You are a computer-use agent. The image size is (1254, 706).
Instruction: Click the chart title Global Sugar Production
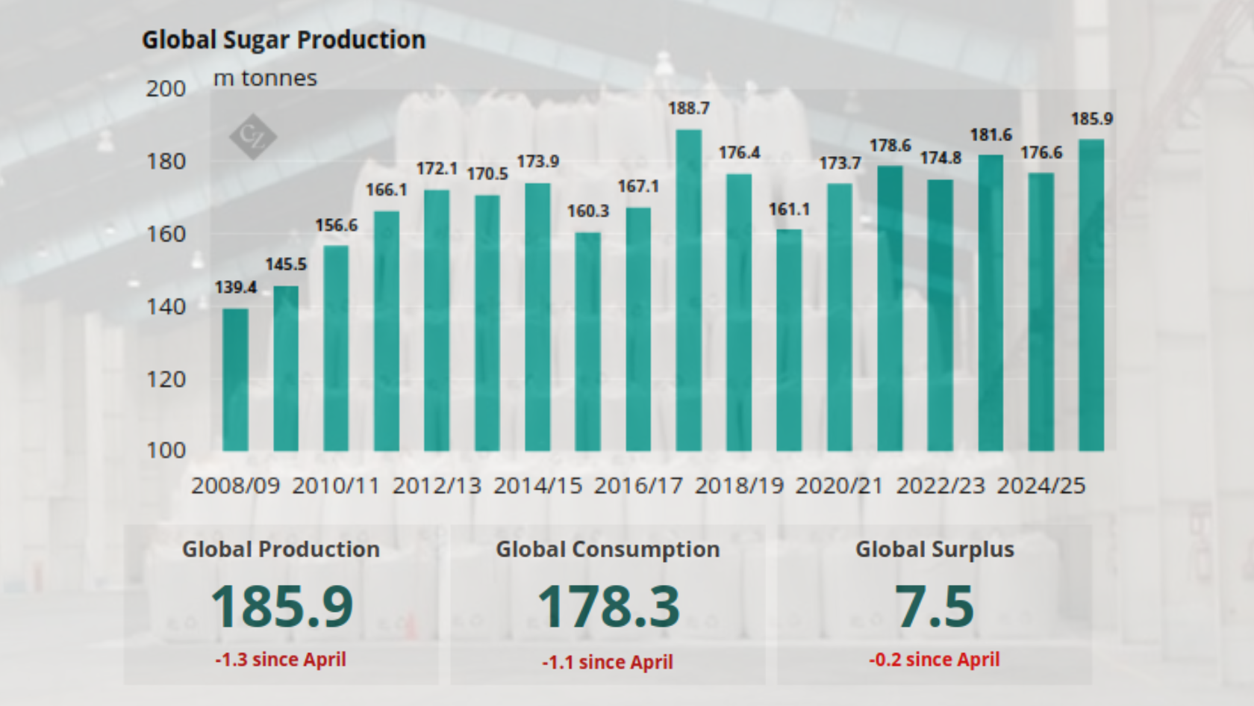click(x=284, y=40)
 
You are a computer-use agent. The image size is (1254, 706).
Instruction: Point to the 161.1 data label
click(x=789, y=209)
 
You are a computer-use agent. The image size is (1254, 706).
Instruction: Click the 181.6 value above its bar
click(x=991, y=135)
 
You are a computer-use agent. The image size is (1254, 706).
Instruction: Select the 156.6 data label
click(x=336, y=225)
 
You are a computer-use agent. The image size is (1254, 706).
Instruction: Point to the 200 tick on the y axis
click(x=166, y=89)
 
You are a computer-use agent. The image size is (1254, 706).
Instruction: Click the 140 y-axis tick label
click(x=166, y=306)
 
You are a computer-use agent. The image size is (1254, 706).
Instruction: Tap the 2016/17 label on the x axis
click(x=638, y=486)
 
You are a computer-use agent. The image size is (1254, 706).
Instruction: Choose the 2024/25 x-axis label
click(x=1041, y=486)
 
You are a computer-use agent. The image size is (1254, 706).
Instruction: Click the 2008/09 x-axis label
click(x=235, y=486)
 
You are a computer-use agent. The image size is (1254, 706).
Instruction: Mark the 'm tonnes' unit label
click(x=265, y=78)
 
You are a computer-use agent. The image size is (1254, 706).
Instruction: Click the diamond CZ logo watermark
click(x=252, y=136)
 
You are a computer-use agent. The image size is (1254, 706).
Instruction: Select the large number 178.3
click(x=608, y=606)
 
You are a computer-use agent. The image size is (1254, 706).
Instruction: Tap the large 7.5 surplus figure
click(x=935, y=606)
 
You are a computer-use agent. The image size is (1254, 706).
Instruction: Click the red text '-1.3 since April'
click(x=281, y=660)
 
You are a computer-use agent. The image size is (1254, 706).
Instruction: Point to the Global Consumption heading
click(x=608, y=549)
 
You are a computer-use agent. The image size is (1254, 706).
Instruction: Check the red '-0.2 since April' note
click(x=934, y=660)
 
